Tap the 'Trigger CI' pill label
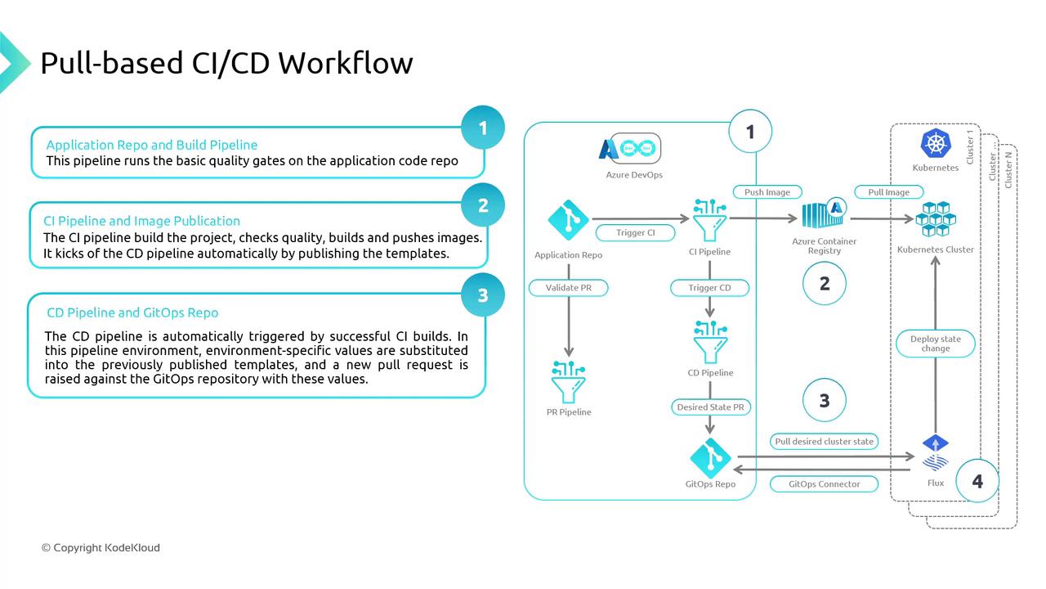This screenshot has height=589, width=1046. click(636, 232)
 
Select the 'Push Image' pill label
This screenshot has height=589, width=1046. click(767, 192)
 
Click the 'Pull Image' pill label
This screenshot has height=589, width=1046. click(887, 192)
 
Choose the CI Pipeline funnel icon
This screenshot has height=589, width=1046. click(709, 218)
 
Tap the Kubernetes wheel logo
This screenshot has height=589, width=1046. click(935, 144)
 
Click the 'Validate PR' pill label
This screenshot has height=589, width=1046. click(568, 288)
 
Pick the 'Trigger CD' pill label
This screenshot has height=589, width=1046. click(709, 288)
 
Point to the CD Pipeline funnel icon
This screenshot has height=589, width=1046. click(709, 342)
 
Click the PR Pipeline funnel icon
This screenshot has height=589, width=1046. click(568, 380)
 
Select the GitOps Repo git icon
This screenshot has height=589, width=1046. click(709, 457)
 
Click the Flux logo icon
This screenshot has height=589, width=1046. click(935, 454)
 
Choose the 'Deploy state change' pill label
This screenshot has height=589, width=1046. click(935, 344)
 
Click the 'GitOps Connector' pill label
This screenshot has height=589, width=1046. click(824, 484)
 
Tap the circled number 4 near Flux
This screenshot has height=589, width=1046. click(977, 481)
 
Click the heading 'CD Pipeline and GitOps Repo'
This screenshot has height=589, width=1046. click(132, 312)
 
